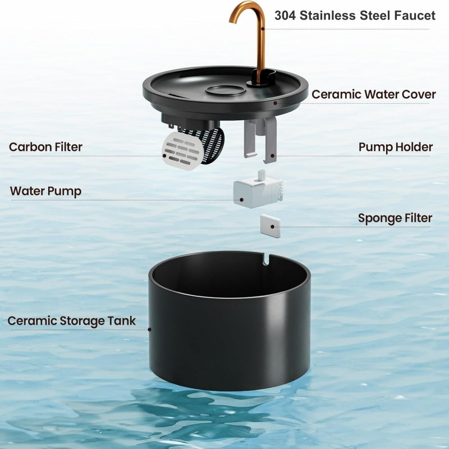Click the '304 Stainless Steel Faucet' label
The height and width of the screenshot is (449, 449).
pos(355,16)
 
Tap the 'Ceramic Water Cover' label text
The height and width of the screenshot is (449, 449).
pos(374,94)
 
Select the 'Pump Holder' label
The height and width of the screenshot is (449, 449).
pos(396,147)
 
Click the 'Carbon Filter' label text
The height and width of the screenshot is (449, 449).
pos(45,147)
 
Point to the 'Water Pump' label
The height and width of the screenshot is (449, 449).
pos(45,191)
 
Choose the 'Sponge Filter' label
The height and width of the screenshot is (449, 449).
pos(395,218)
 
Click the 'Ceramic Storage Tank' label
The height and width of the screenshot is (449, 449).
pos(72,321)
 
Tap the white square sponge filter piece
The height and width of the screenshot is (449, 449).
pos(271,226)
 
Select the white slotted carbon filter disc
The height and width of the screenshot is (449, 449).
pos(183,150)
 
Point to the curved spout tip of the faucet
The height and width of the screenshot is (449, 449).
pos(231,20)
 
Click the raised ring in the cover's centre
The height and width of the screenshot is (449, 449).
pos(226,90)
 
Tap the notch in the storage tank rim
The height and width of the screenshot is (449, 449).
pos(265,259)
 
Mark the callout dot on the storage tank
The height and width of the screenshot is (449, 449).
pos(149,329)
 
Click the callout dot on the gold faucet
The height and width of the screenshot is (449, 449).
pos(263,29)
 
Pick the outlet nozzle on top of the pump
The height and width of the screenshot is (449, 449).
pos(262,175)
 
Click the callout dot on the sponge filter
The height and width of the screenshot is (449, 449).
pos(272,227)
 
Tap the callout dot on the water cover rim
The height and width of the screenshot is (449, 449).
pos(275,103)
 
